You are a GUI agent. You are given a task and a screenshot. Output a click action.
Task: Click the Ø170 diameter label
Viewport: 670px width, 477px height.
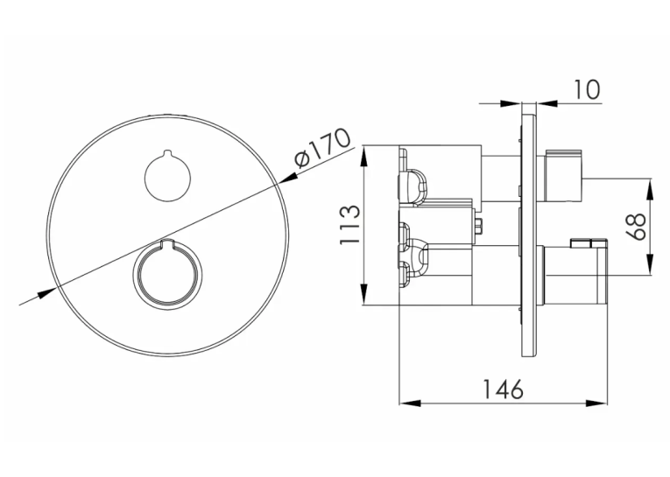322,148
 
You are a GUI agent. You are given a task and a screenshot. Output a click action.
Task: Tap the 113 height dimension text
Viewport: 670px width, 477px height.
350,225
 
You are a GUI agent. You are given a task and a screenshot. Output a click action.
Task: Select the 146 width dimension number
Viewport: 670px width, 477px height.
503,389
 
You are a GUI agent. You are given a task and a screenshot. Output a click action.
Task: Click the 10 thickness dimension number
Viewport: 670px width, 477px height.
586,89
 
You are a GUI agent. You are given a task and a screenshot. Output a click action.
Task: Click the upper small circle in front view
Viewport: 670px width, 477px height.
168,177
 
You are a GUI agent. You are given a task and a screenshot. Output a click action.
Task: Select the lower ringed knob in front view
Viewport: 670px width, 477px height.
166,275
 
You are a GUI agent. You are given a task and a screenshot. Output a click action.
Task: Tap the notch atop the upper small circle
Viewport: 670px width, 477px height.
168,153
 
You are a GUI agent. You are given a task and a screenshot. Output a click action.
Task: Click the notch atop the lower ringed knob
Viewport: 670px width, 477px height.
166,244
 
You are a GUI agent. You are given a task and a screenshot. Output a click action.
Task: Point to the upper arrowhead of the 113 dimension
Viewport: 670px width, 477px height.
364,157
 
